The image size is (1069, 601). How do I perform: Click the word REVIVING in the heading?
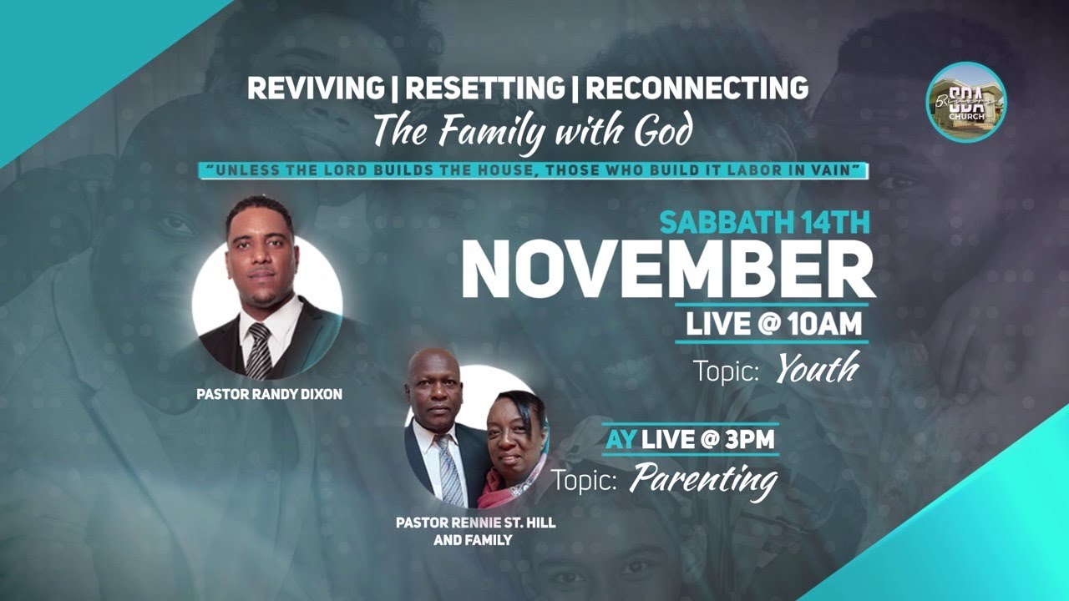coord(309,88)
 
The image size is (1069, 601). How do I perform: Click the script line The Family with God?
coord(533,131)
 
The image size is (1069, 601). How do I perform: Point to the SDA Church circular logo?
coord(966,103)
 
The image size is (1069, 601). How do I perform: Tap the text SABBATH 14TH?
coord(764,222)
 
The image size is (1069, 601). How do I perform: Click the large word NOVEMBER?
coord(668,269)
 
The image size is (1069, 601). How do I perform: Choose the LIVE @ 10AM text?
coord(773,324)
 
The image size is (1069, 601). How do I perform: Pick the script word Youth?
coord(817,370)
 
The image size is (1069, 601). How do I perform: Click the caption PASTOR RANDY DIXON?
coord(269,394)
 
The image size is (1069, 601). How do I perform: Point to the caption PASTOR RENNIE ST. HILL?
coord(476,523)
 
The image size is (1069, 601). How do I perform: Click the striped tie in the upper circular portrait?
coord(259,351)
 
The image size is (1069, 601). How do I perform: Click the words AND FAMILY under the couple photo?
coord(473,540)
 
